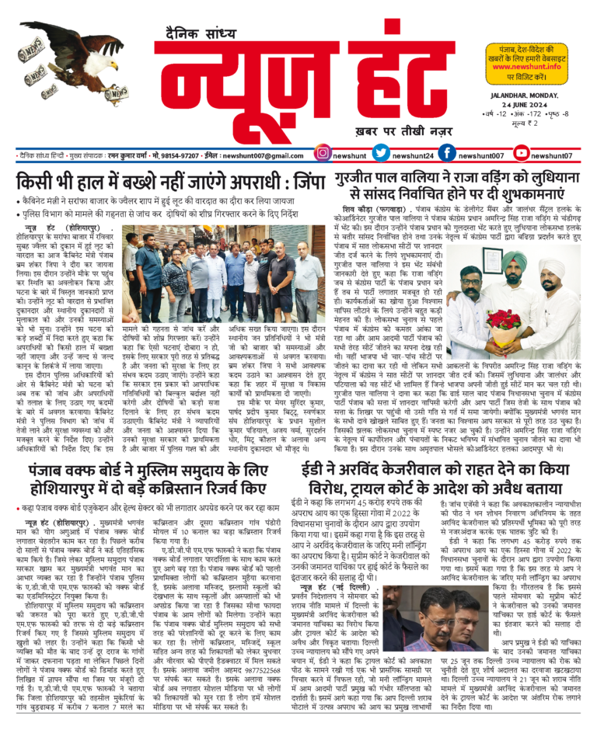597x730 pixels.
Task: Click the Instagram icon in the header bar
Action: [x=323, y=155]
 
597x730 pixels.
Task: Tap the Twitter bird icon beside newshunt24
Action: [x=381, y=155]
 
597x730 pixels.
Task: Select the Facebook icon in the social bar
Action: [x=448, y=155]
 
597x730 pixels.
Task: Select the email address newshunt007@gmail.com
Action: [x=264, y=155]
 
